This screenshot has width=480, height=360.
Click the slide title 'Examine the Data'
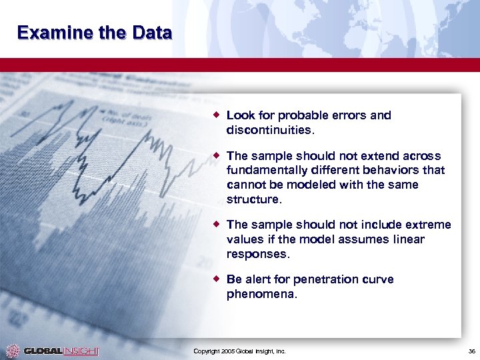[x=95, y=33]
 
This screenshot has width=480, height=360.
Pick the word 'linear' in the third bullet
[x=409, y=239]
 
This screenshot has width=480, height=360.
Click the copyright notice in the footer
[x=239, y=351]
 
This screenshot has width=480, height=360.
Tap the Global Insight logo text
[x=61, y=351]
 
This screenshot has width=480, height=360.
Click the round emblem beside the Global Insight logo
[x=12, y=351]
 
